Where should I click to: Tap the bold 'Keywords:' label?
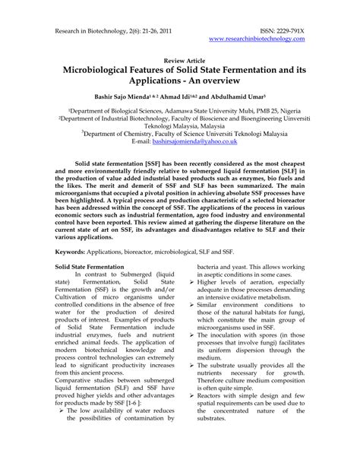pyautogui.click(x=76, y=249)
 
